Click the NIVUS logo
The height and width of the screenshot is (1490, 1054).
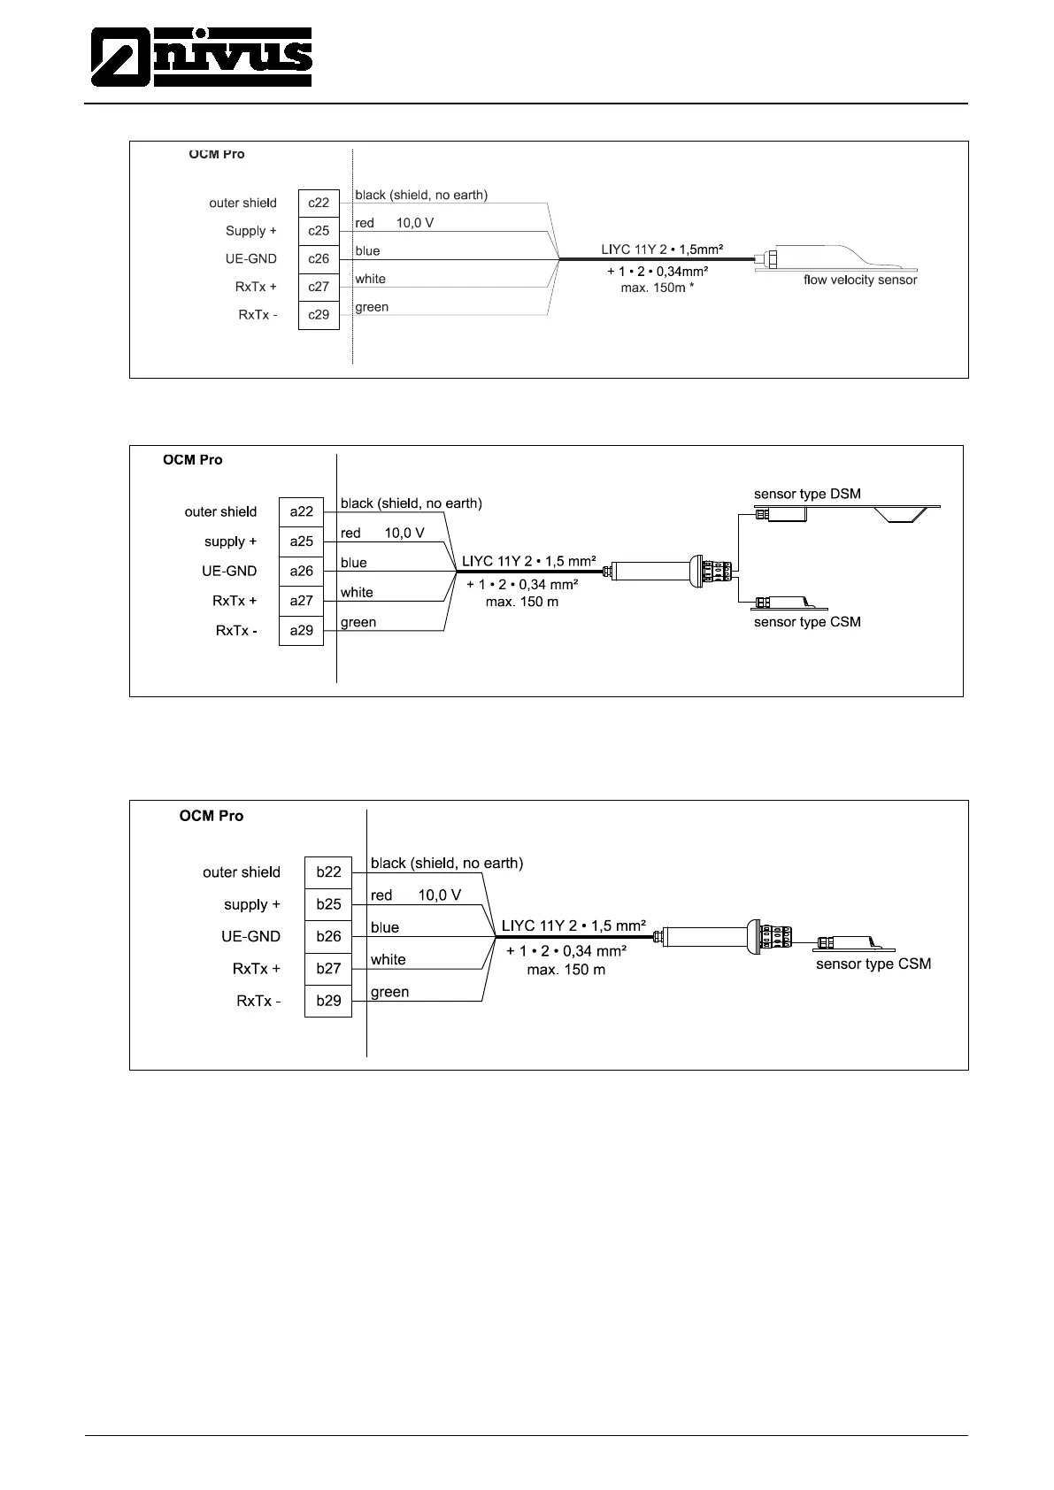tap(202, 57)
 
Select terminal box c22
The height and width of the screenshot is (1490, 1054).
tap(319, 203)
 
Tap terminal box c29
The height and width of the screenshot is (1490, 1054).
tap(319, 315)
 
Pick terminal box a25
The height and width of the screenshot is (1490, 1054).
tap(302, 541)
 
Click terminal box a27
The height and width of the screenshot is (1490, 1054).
tap(302, 601)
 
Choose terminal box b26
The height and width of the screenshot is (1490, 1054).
tap(328, 936)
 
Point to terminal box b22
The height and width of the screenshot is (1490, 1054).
tap(328, 872)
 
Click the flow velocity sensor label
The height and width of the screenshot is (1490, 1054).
tap(860, 280)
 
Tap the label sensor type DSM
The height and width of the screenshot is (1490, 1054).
tap(807, 494)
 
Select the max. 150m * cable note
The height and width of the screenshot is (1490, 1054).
tap(657, 288)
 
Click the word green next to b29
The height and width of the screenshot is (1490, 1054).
tap(389, 992)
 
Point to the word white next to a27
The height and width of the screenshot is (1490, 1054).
tap(357, 592)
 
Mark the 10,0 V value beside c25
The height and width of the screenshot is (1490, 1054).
tap(415, 223)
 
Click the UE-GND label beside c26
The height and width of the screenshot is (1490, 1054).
tap(251, 259)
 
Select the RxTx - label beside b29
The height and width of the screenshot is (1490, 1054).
tap(258, 1001)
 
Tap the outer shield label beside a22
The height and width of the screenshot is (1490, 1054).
tap(220, 511)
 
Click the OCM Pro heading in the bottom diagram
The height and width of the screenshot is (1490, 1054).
tap(212, 816)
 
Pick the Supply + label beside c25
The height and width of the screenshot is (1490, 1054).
tap(251, 231)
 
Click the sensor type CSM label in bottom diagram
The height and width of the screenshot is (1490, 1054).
tap(873, 964)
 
